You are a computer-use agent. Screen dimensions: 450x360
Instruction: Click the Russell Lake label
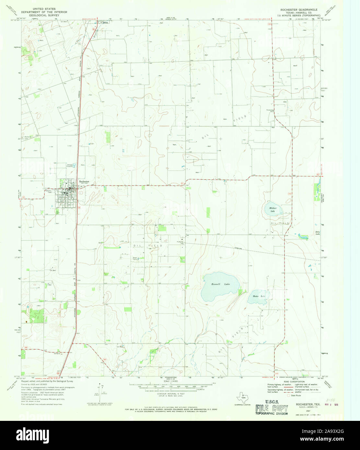click(220, 284)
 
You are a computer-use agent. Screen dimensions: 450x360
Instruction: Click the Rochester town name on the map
click(84, 182)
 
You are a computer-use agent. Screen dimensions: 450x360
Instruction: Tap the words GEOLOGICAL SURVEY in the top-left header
click(44, 15)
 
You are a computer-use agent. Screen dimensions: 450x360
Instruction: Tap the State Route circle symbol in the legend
click(288, 395)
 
